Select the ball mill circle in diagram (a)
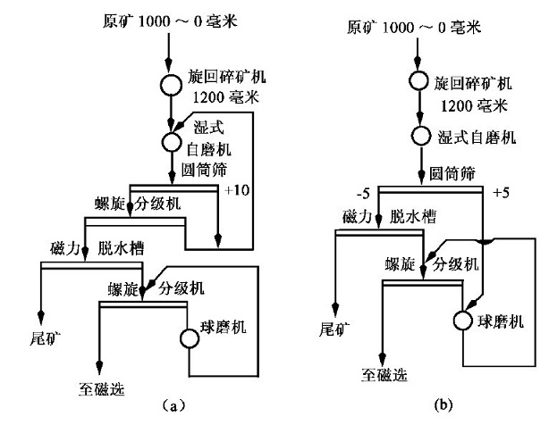pos(189,338)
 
